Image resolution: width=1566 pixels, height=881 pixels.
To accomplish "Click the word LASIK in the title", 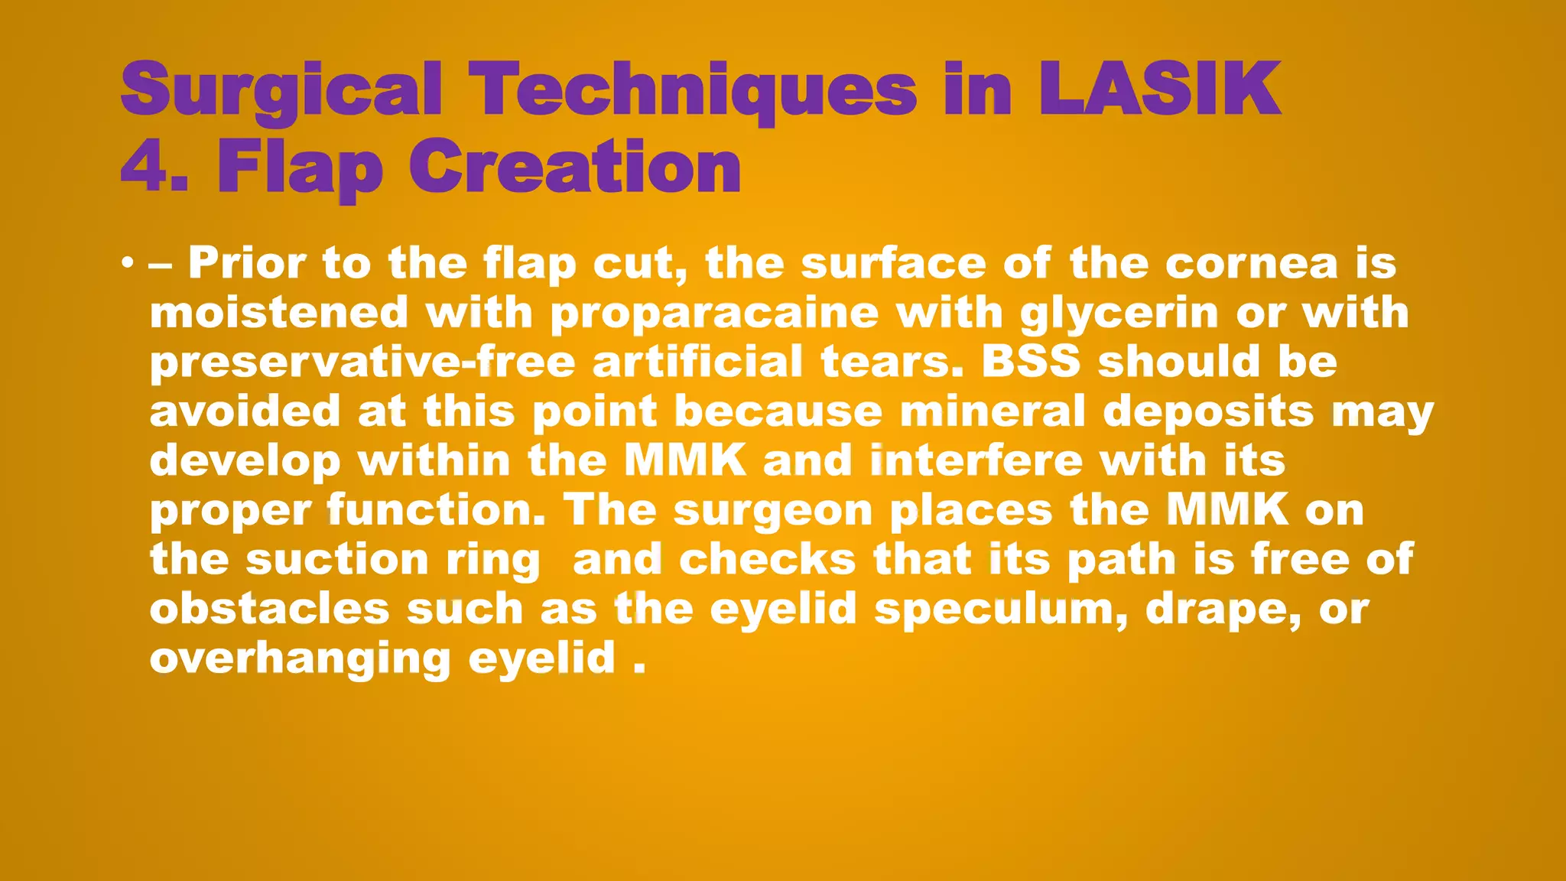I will [x=1159, y=89].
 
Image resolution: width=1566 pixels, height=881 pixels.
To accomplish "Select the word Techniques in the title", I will [x=693, y=89].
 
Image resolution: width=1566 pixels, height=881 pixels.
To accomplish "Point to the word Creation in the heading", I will [x=574, y=166].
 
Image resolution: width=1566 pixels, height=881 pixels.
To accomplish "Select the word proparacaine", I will [x=714, y=314].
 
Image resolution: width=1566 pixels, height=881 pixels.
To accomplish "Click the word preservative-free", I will [x=362, y=362].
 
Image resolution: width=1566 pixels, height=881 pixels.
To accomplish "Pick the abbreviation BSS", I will [x=1030, y=362].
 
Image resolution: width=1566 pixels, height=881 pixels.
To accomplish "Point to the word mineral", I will [x=992, y=411].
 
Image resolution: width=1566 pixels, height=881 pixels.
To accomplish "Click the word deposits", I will [x=1207, y=411].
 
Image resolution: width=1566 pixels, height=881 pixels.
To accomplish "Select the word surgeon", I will [x=772, y=510].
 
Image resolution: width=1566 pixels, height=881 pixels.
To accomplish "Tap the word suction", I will [x=336, y=560].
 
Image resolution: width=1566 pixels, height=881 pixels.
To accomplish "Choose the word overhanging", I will [x=301, y=658].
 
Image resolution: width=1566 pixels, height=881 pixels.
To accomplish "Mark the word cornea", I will [x=1251, y=264].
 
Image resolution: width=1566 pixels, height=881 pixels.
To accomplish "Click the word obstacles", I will [x=269, y=609].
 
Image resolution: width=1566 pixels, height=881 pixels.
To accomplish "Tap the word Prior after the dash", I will [x=248, y=264].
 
